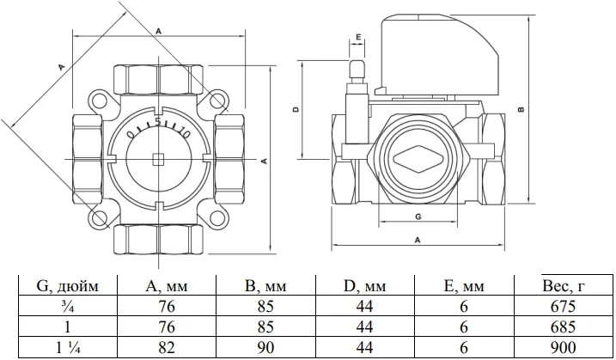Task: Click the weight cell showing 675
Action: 563,306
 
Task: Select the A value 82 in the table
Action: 166,347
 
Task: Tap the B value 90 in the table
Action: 265,347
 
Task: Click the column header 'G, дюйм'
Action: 67,286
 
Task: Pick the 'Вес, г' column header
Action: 564,285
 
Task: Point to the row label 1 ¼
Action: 68,347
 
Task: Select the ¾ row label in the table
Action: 68,306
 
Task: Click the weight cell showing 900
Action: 563,347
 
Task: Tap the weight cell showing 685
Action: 563,327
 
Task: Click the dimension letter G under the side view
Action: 418,217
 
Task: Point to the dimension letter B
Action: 521,109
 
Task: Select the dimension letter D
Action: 296,109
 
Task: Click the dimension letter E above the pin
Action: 358,37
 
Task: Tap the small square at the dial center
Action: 158,159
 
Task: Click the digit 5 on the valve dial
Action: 158,122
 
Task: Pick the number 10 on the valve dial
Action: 184,134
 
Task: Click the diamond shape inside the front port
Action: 418,159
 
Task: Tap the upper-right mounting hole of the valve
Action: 217,101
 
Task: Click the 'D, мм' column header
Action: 364,286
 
